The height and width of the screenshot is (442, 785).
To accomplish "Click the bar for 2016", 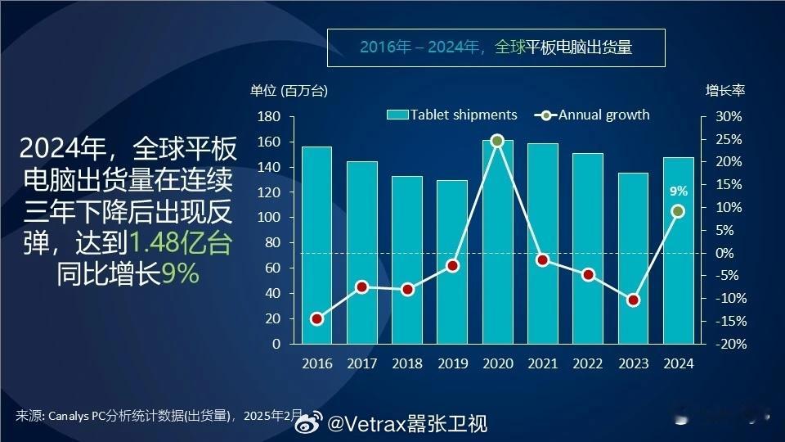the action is tap(317, 245).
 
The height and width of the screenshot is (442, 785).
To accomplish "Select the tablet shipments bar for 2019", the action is tap(452, 262).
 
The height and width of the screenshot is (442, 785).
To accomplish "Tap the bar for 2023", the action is tap(633, 259).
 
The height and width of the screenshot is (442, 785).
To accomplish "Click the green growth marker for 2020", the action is tap(497, 141).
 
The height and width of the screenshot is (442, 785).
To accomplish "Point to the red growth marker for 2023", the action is tap(633, 300).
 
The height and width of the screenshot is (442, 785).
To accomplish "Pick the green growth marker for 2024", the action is tap(679, 211).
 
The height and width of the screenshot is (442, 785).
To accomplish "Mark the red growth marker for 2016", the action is tap(317, 318).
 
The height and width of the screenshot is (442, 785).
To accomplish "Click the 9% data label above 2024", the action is tap(679, 191).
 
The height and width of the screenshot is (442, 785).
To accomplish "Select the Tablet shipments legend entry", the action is tap(451, 115).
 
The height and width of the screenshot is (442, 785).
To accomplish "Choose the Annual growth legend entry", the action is tap(592, 115).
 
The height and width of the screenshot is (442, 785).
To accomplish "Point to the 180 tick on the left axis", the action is tap(269, 117).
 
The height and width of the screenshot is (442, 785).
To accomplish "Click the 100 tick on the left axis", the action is tap(269, 218).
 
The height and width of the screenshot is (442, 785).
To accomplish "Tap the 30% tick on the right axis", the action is tap(729, 117).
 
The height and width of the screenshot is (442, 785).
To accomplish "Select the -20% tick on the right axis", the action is tap(731, 345).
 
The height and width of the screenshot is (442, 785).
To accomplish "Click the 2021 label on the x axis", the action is tap(543, 363).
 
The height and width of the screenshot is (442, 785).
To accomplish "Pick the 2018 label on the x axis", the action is tap(407, 363).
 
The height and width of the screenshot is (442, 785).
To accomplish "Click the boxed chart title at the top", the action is tap(496, 47).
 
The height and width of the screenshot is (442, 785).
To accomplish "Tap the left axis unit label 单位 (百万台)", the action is tap(289, 91).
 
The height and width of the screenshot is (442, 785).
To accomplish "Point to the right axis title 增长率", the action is tap(725, 91).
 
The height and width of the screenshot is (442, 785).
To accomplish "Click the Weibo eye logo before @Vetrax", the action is tap(308, 422).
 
